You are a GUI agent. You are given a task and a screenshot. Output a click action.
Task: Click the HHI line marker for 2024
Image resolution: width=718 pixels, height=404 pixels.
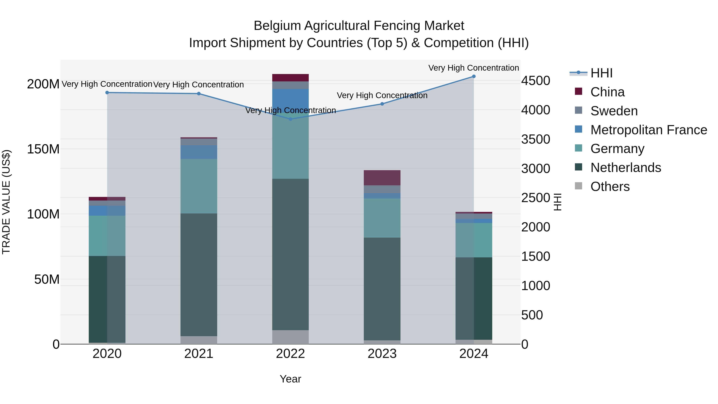click(473, 76)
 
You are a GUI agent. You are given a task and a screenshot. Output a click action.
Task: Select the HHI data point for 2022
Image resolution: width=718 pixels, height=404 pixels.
click(290, 119)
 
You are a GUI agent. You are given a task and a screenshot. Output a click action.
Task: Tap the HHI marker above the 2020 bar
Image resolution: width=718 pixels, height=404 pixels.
click(107, 93)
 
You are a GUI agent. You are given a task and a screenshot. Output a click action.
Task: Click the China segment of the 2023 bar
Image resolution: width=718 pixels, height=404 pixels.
click(382, 178)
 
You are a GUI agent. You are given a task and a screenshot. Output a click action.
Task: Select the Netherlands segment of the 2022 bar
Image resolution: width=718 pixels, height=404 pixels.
click(290, 254)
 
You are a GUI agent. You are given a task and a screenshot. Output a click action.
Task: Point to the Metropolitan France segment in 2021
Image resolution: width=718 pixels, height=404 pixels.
click(199, 152)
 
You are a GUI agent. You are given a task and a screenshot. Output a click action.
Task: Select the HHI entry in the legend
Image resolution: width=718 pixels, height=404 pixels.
click(601, 73)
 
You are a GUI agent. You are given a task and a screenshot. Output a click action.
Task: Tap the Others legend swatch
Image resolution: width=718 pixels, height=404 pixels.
click(578, 186)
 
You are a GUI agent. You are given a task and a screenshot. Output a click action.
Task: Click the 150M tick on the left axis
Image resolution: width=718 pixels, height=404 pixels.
click(43, 149)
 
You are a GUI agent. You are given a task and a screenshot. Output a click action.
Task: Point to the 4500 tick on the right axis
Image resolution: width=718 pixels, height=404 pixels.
click(536, 81)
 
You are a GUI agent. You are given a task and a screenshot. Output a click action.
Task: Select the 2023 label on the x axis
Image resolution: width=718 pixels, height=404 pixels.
click(382, 354)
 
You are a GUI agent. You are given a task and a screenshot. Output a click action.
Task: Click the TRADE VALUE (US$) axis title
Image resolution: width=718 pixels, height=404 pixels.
click(6, 202)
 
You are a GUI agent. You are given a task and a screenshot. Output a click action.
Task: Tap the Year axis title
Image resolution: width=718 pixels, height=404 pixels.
click(290, 379)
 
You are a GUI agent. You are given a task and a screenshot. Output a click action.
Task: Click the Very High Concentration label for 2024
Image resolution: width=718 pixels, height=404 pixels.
click(473, 68)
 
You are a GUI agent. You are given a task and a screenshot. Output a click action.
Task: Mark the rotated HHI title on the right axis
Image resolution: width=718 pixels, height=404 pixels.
click(557, 202)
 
